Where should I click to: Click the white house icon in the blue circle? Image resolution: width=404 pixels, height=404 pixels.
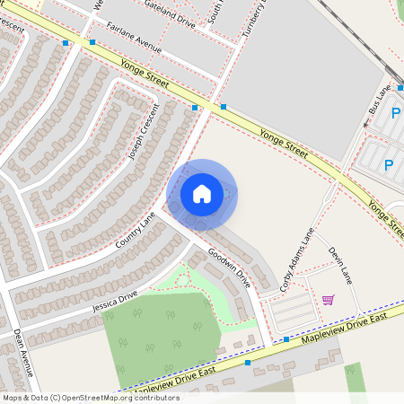[x=202, y=194]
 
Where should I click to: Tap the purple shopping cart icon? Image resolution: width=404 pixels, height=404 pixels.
[x=329, y=300]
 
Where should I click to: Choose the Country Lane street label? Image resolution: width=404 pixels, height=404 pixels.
[x=136, y=231]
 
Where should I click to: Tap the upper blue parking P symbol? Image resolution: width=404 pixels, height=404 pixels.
[x=395, y=114]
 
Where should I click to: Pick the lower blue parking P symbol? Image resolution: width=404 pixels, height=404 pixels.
[x=389, y=165]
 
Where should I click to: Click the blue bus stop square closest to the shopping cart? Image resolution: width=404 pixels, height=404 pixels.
[x=285, y=339]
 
